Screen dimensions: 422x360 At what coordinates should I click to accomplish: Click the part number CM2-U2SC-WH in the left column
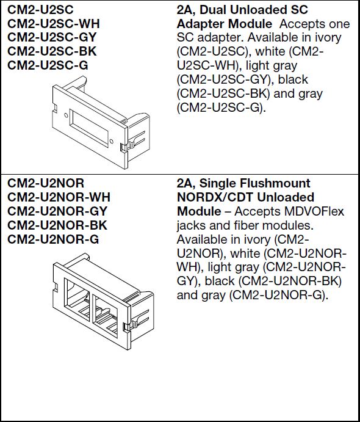click(x=54, y=24)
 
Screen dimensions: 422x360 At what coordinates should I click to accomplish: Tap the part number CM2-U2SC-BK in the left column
click(x=52, y=52)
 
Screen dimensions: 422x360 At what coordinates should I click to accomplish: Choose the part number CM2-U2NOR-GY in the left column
click(x=57, y=211)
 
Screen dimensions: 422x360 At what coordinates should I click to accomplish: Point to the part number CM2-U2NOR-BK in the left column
click(x=57, y=225)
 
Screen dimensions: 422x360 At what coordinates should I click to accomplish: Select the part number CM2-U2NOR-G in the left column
click(x=52, y=239)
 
